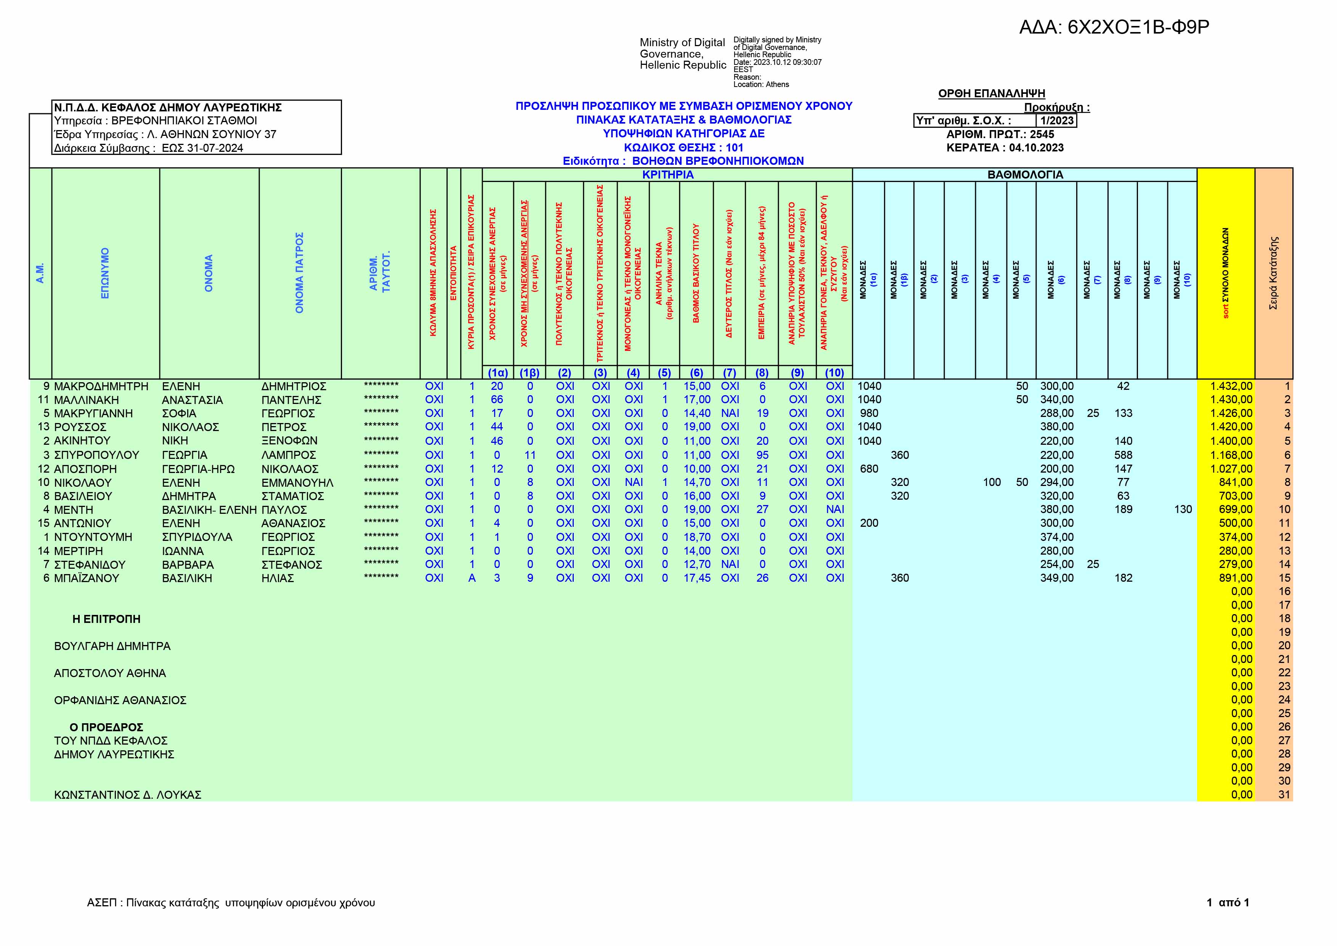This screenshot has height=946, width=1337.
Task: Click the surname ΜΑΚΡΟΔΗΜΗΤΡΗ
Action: tap(101, 386)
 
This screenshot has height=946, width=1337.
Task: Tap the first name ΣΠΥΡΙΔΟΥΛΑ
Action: tap(197, 537)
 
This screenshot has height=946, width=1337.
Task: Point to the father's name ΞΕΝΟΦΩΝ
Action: tap(289, 441)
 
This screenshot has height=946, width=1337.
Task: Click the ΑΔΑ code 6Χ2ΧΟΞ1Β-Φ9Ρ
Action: tap(1113, 27)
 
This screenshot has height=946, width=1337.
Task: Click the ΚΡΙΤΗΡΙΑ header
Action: tap(667, 175)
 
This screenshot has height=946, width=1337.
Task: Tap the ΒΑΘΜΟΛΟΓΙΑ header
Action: tap(1025, 175)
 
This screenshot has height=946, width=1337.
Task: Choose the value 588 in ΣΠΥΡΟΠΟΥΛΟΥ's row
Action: tap(1123, 455)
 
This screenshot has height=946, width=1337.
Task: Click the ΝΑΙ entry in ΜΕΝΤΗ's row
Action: tap(835, 510)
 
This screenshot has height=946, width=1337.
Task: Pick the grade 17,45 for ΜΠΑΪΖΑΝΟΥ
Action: tap(697, 578)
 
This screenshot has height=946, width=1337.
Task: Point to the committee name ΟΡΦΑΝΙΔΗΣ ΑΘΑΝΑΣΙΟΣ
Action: tap(120, 700)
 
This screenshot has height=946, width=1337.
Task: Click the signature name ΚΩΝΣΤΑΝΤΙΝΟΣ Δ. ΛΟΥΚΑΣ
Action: tap(128, 795)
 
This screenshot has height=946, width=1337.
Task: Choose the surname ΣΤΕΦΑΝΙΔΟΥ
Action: tap(89, 565)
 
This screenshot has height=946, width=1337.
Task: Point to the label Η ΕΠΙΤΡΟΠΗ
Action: tap(106, 619)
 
